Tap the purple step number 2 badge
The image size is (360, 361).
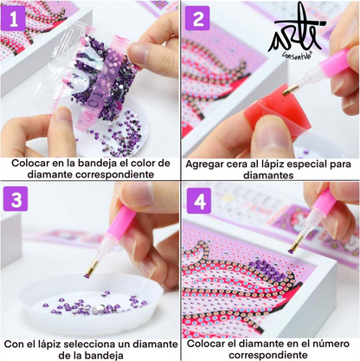point(199,17)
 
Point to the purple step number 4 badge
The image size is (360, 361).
point(199,201)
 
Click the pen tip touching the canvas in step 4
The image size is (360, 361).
point(291,250)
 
